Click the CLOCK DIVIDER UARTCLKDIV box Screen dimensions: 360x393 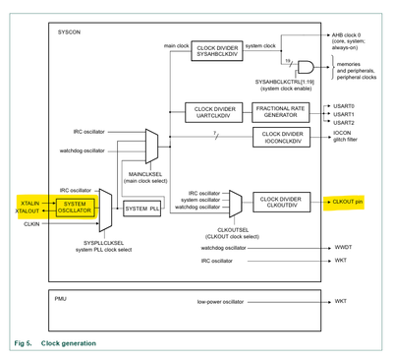(212, 112)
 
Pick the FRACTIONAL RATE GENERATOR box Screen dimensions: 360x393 (281, 112)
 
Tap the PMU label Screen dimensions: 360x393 (60, 296)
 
